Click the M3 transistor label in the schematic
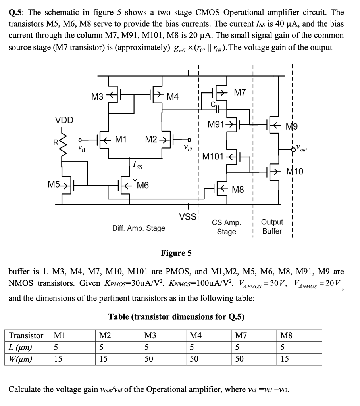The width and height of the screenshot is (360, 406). pos(97,96)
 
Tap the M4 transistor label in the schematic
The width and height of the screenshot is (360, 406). pos(173,97)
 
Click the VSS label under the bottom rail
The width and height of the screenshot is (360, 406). pos(188,217)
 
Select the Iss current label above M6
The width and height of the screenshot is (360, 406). pos(136,163)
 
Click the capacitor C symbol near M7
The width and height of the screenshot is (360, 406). pos(218,106)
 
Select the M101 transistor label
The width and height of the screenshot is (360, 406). pos(212,156)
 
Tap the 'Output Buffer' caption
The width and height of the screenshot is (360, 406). pos(272,226)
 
